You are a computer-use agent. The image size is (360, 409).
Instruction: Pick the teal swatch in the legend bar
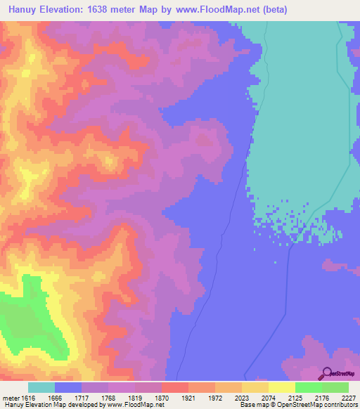(41, 387)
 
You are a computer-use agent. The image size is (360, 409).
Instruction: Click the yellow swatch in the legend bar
(281, 387)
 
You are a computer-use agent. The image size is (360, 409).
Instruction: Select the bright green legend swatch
(309, 387)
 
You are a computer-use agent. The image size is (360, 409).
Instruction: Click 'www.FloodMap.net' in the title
(213, 10)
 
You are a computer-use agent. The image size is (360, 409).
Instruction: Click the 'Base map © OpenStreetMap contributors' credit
(297, 405)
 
